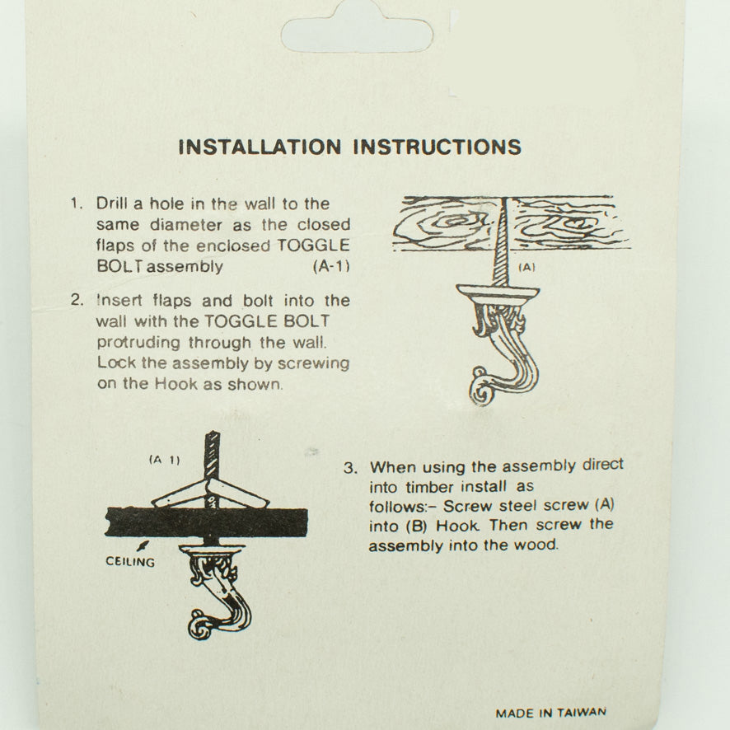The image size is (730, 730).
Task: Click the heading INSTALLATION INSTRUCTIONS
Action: pos(349,147)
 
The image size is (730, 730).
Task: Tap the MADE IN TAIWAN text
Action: pos(550,713)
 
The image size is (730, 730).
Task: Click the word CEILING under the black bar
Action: pos(130,562)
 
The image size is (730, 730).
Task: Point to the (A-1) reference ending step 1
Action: pos(331,266)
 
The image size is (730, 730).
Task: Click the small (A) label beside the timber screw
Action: pos(526,267)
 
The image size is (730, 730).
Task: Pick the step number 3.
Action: pos(349,467)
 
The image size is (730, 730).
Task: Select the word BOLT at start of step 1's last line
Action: pos(114,266)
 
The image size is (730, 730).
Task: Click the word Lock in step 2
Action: pos(113,363)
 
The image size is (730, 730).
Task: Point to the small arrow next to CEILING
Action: pos(146,545)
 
